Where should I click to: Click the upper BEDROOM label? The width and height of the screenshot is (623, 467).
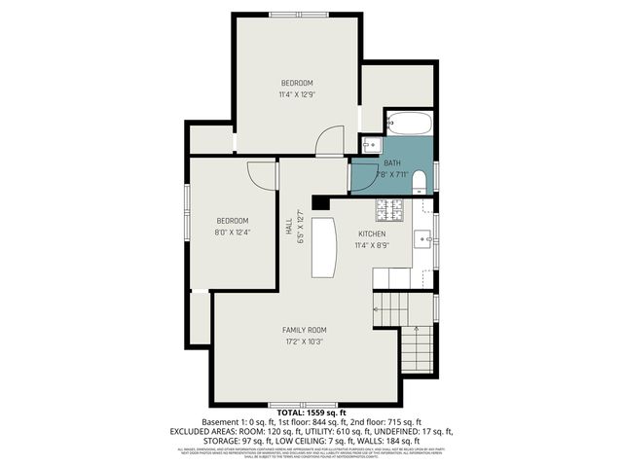(298, 83)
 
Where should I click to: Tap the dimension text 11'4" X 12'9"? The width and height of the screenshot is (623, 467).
(298, 94)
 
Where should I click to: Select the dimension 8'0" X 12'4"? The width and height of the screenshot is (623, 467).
(233, 233)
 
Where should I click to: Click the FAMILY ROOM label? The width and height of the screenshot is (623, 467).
(305, 330)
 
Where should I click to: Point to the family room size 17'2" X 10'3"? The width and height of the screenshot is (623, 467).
(305, 342)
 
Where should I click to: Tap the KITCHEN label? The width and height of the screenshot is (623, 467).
(372, 233)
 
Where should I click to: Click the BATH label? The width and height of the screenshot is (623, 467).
(391, 162)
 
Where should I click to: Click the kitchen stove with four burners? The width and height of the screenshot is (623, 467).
(392, 207)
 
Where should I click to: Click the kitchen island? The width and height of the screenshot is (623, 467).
(323, 247)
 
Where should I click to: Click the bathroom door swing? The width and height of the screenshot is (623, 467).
(363, 176)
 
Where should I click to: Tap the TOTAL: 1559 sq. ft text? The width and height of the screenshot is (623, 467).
(311, 413)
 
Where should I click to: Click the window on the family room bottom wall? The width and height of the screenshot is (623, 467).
(304, 403)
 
